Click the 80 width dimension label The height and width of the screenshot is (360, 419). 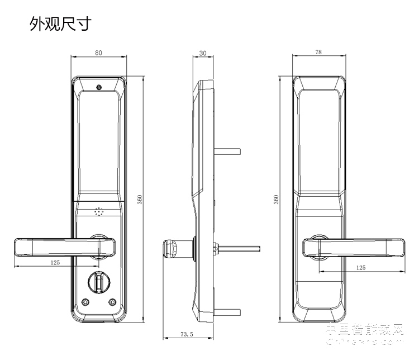(98, 53)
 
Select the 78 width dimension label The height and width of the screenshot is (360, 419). (318, 53)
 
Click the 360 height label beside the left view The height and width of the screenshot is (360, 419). (140, 199)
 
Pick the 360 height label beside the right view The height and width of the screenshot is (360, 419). (276, 200)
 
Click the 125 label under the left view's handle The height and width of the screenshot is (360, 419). (55, 262)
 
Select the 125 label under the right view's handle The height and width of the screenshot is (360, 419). (360, 268)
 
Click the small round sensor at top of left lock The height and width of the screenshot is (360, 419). (98, 87)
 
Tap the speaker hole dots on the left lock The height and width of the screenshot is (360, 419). (99, 212)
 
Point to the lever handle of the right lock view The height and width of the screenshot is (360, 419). (358, 248)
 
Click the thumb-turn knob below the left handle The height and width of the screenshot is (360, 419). (99, 281)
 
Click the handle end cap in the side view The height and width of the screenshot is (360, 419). (170, 248)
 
